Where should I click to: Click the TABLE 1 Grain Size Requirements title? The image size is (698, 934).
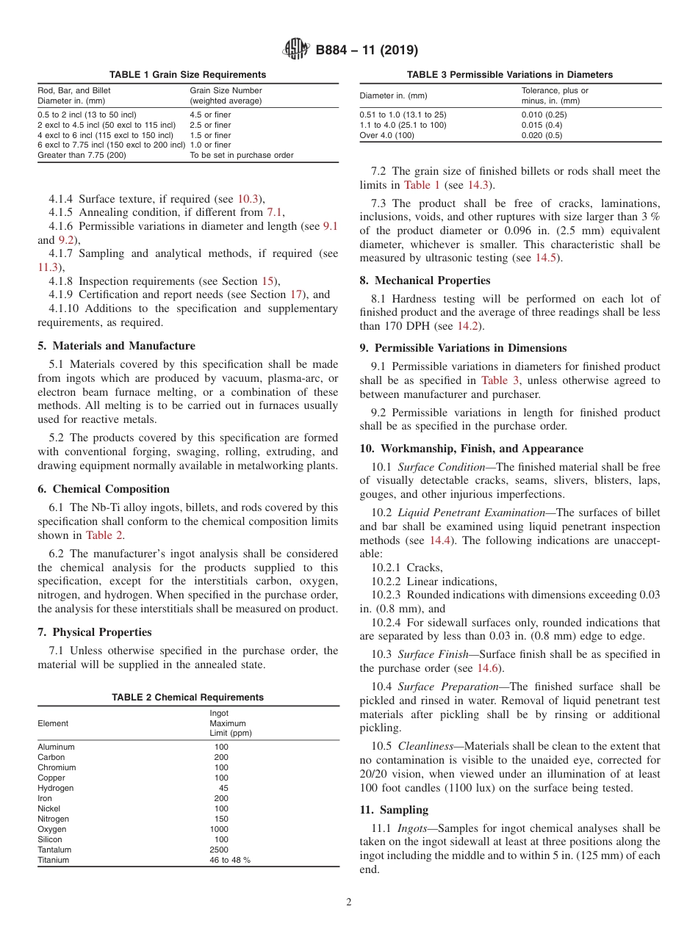coord(188,75)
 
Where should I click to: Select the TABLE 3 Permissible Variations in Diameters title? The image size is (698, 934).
coord(510,75)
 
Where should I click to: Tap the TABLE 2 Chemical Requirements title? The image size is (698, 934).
coord(187,698)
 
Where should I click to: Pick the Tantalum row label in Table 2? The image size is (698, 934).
coord(54,850)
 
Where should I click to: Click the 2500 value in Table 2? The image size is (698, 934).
coord(219,850)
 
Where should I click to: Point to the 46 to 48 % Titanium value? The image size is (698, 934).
coord(230,860)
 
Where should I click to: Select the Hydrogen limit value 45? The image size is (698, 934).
coord(223,788)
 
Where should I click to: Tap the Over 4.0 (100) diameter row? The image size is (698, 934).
coord(387,135)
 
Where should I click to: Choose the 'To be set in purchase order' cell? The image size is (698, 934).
coord(242,155)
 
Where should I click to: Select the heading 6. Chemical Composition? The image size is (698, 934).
coord(104,489)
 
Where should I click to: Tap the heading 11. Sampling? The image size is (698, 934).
coord(394,810)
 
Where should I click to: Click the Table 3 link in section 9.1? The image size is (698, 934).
coord(500,380)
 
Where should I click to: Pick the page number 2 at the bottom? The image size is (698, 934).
coord(349,902)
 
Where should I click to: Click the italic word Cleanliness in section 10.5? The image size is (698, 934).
coord(425,746)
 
